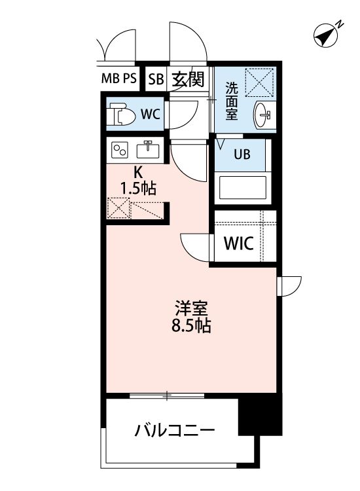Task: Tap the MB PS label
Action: [118, 79]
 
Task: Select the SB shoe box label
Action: [155, 80]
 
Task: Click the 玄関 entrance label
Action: [189, 79]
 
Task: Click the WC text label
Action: [151, 114]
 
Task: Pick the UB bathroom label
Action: [241, 156]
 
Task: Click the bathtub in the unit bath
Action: [241, 188]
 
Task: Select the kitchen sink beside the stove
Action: [148, 150]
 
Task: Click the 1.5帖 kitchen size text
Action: [137, 189]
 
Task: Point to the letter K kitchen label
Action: [138, 173]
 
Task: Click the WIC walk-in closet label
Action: [239, 244]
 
